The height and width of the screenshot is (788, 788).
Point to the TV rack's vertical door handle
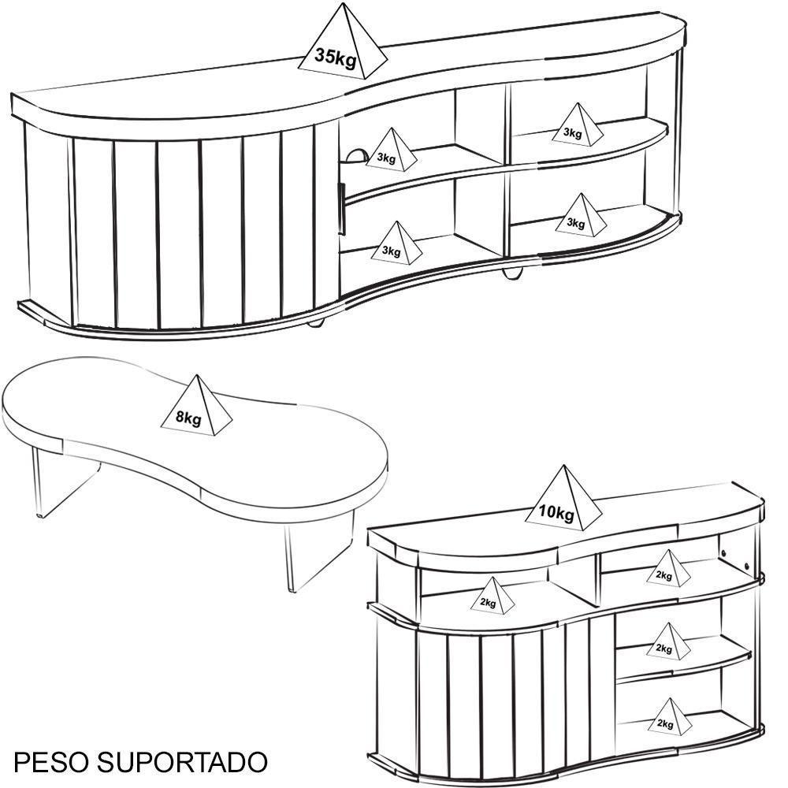342,210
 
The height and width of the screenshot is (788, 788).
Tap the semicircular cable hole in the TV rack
355,154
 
